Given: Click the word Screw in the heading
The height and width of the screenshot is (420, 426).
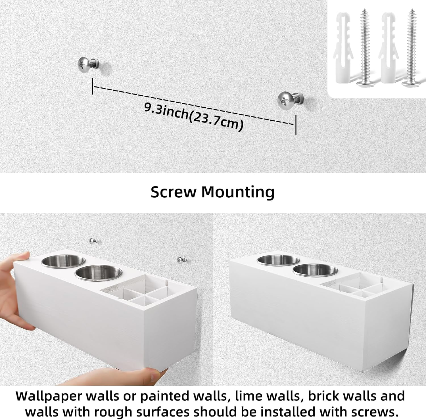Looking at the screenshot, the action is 173,192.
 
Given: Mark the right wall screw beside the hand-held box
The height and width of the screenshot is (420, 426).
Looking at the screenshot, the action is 180,260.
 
